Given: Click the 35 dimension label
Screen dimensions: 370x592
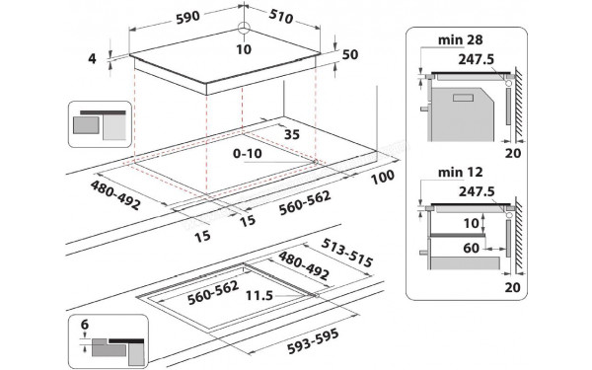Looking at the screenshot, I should (292, 134).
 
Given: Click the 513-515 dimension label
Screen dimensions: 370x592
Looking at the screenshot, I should (345, 260).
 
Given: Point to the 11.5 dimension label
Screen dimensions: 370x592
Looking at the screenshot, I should (261, 295).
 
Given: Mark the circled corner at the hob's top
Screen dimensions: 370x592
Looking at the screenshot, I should (244, 27).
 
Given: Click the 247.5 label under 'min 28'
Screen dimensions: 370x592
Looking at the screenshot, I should (478, 58).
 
